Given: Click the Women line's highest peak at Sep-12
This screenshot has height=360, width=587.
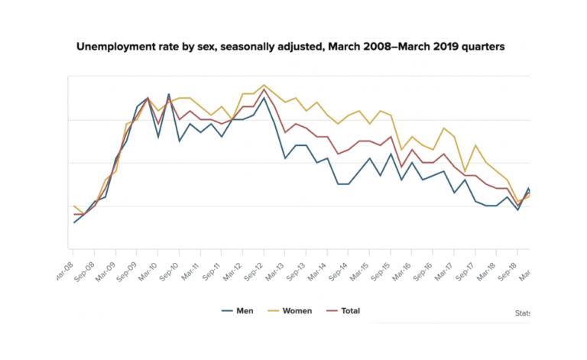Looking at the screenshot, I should [264, 85].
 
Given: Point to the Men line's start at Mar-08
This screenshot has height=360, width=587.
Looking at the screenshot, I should [73, 222].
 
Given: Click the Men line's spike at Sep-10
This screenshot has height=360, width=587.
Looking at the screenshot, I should [168, 94].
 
